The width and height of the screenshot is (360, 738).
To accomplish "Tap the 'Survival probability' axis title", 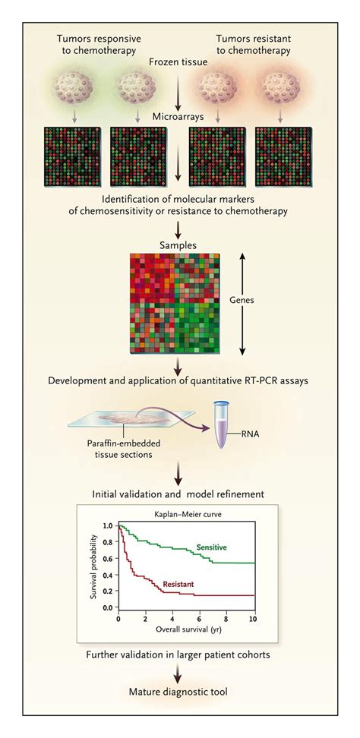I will (x=94, y=566).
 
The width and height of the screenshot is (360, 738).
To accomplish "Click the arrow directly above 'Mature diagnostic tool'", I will (x=179, y=670).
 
